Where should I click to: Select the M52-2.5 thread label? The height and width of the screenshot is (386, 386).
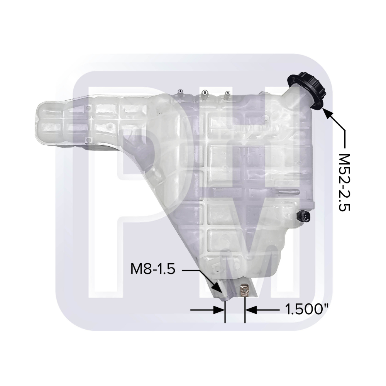[344, 183]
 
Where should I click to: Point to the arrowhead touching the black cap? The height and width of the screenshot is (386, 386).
[327, 113]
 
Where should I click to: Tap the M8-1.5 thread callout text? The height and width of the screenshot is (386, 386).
[152, 269]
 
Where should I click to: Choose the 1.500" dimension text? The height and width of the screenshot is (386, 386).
[307, 309]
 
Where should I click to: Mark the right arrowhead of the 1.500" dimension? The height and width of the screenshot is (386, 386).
[251, 310]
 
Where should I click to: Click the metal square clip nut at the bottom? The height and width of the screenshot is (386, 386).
[245, 291]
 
